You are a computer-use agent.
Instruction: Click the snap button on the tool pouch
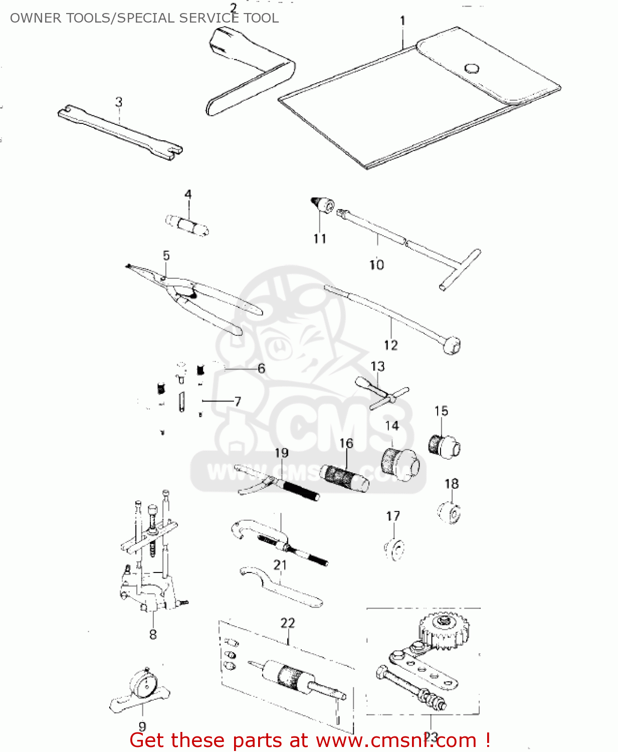pos(471,68)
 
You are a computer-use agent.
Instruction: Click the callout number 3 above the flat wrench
pos(119,102)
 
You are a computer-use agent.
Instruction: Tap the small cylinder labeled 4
pos(187,224)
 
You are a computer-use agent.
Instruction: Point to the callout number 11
pos(320,239)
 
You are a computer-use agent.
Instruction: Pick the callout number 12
pos(390,345)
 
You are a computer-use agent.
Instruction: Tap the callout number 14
pos(391,426)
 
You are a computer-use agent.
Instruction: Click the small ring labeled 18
pos(450,513)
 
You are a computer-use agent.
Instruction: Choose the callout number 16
pos(346,443)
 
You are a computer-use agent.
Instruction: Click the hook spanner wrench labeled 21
pos(281,588)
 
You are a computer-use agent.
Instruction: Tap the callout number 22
pos(288,623)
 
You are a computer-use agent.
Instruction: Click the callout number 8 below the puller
pos(153,634)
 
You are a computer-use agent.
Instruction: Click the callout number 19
pos(282,453)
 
